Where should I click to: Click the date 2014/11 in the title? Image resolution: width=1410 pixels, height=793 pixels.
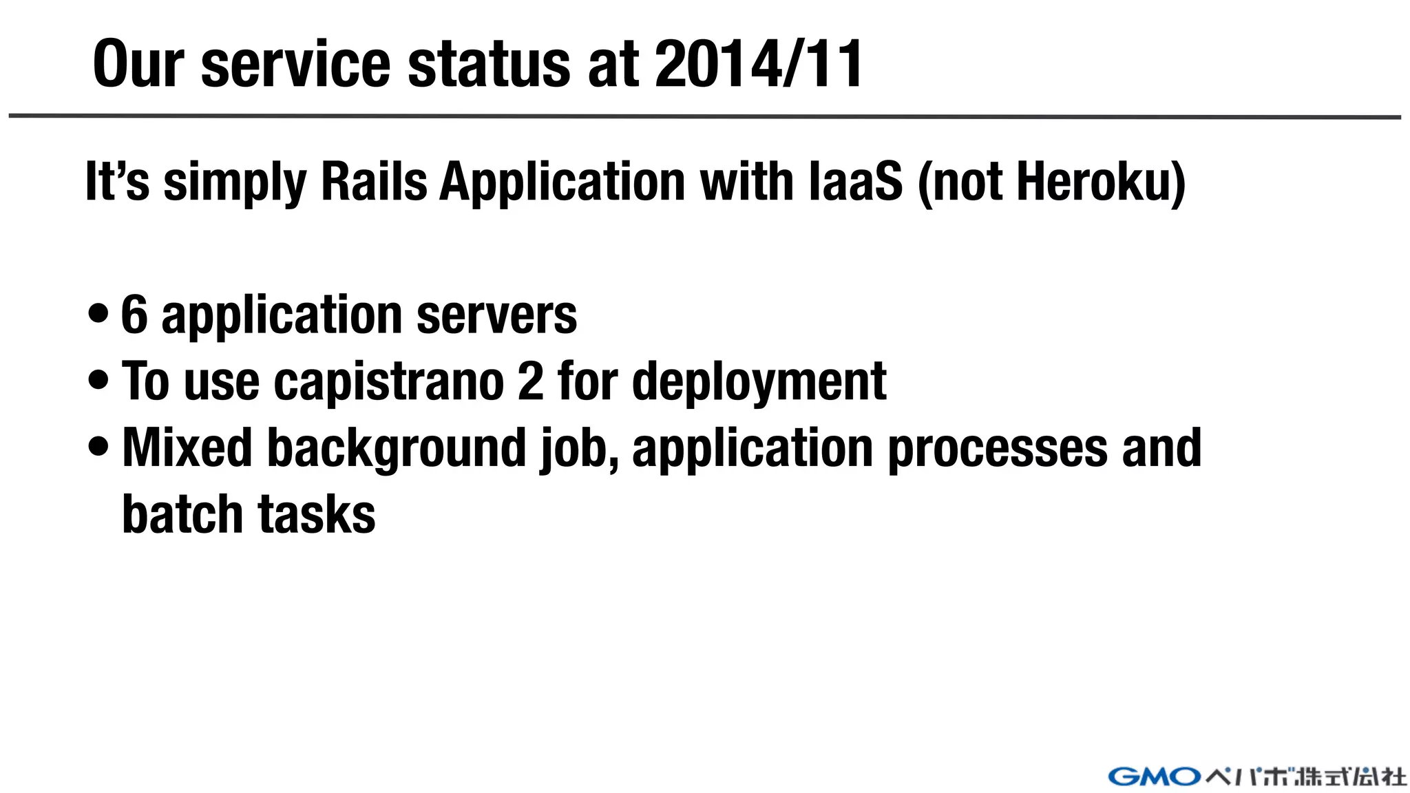759,64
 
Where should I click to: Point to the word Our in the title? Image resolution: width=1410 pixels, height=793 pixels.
138,64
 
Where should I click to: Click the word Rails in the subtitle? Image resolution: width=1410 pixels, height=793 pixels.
374,182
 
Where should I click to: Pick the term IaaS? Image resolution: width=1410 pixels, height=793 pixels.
855,182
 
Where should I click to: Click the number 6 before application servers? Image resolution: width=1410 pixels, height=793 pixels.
134,315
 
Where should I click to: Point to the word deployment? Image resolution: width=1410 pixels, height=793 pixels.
759,383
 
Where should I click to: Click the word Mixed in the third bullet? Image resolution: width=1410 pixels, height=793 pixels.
187,448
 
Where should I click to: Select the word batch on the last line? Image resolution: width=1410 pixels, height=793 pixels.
182,514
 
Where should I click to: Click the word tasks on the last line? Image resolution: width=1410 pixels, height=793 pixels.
317,514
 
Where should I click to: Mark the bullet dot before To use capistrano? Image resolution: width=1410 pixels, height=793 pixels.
98,380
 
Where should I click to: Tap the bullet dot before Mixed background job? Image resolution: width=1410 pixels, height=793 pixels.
98,446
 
